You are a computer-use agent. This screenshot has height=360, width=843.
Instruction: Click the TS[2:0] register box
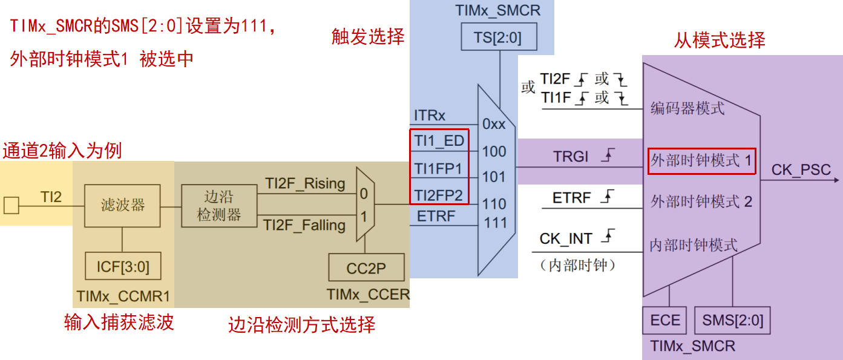pos(499,36)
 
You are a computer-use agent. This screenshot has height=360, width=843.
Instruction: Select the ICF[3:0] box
pos(123,266)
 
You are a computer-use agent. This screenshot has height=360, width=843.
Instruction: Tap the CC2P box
pos(366,267)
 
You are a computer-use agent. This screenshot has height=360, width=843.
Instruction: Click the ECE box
pos(664,321)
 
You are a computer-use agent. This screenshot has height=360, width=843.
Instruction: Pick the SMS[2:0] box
pos(732,321)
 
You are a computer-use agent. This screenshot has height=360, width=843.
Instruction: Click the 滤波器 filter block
pos(122,206)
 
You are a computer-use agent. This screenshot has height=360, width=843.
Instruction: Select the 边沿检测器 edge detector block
pos(220,206)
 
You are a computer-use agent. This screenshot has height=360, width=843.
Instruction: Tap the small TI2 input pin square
pos(11,205)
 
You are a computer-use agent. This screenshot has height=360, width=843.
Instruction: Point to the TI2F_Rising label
pos(305,183)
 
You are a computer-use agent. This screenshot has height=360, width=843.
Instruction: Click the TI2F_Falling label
pos(304,225)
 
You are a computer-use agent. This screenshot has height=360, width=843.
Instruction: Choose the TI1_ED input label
pos(439,141)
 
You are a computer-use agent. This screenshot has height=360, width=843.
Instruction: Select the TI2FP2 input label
pos(438,195)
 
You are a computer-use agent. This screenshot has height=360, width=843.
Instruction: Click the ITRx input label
pos(430,116)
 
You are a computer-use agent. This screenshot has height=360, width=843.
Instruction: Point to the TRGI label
pos(571,157)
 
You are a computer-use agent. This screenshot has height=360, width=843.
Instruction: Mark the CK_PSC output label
pos(801,170)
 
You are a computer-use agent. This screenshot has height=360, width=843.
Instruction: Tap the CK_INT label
pos(566,238)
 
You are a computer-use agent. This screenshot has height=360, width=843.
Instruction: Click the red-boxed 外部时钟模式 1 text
pos(701,160)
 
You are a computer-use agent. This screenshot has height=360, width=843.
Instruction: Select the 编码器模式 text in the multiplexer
pos(687,108)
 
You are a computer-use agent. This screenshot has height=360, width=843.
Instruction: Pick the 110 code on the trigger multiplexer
pos(494,204)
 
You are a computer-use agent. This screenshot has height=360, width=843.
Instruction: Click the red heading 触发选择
pos(368,36)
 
